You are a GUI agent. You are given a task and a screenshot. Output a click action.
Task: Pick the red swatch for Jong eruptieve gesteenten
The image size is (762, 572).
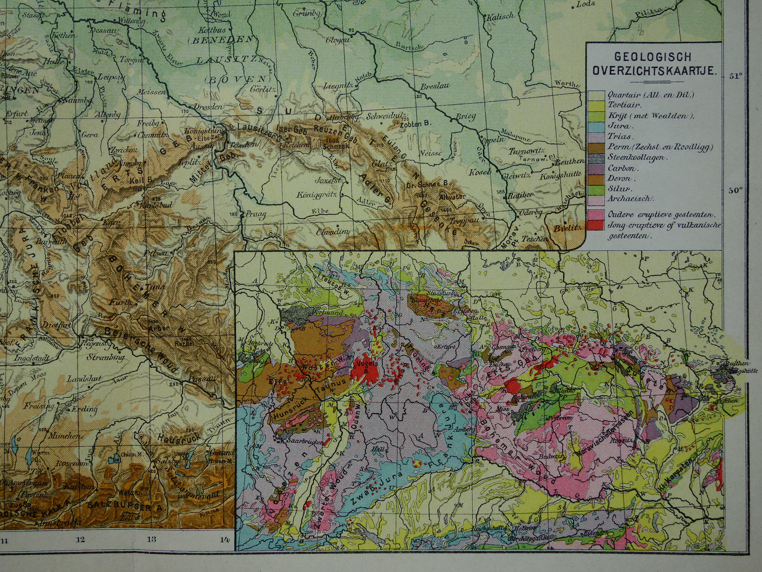click(x=597, y=225)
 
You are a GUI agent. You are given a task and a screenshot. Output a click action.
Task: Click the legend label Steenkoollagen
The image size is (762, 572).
click(x=636, y=157)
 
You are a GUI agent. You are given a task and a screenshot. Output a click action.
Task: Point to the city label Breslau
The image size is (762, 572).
click(x=436, y=85)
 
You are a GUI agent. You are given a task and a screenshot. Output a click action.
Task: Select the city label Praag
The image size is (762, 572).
click(x=255, y=215)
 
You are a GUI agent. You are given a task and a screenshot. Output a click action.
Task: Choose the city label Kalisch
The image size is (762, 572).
click(x=499, y=17)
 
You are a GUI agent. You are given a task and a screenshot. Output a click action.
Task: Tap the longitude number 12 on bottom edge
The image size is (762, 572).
click(x=80, y=539)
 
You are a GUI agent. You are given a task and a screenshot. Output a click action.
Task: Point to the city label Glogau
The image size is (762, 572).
click(x=336, y=40)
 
